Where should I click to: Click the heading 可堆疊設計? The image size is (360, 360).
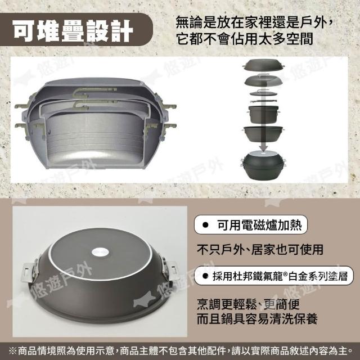[73, 31]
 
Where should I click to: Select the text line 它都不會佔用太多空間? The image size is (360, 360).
[245, 39]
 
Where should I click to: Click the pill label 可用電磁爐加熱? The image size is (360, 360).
[251, 225]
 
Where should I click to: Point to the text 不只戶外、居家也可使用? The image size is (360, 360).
[260, 250]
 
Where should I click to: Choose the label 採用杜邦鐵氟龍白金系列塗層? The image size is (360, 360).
[274, 276]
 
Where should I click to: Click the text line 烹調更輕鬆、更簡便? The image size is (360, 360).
[248, 304]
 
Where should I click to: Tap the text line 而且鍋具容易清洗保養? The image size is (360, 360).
[257, 319]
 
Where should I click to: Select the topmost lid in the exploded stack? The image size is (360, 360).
[263, 65]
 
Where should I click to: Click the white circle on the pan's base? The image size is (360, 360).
[100, 253]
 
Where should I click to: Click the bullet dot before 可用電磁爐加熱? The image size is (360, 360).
[205, 225]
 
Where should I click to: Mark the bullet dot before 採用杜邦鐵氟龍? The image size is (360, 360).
[205, 276]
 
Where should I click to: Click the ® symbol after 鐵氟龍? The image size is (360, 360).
[285, 273]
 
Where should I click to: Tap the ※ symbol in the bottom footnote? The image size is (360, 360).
[12, 351]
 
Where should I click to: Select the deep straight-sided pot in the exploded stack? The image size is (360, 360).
[263, 114]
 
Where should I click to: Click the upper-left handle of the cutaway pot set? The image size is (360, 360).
[22, 106]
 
